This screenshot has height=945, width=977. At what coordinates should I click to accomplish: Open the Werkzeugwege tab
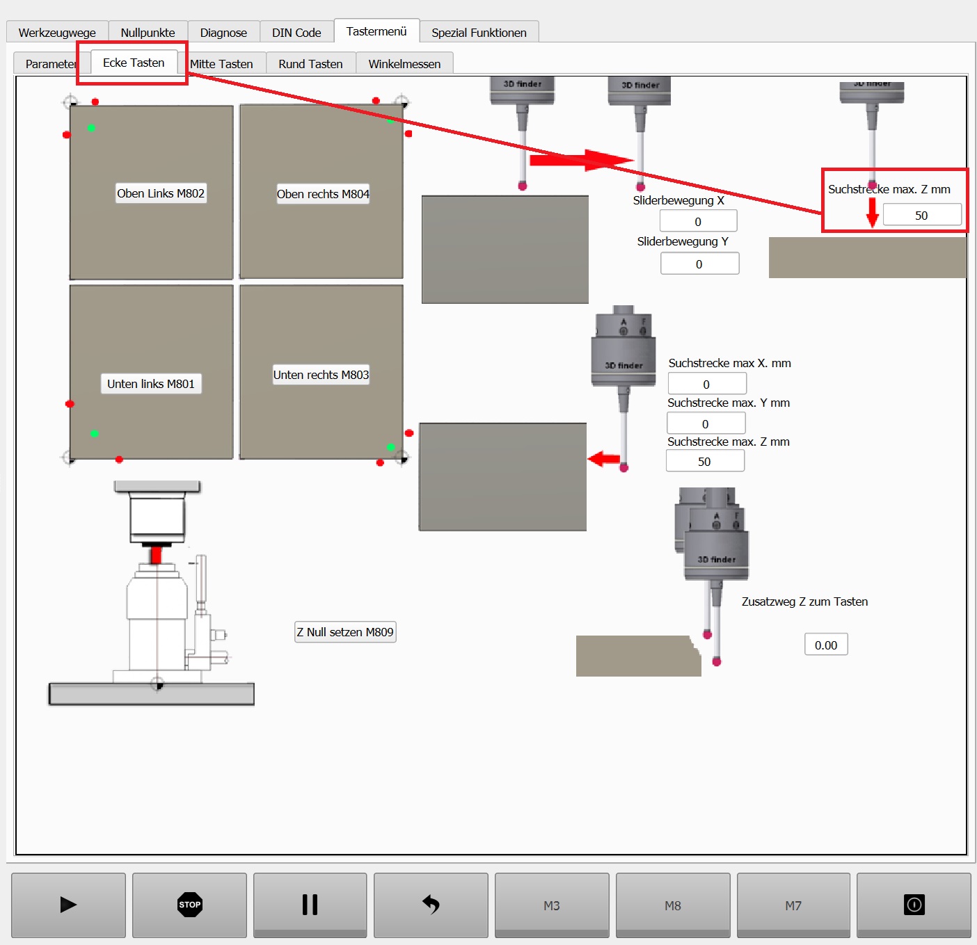[x=57, y=33]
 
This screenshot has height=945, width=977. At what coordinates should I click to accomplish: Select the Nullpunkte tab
[x=148, y=33]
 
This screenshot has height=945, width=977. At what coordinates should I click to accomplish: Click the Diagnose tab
[x=223, y=33]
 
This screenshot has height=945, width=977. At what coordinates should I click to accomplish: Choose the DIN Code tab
[x=296, y=33]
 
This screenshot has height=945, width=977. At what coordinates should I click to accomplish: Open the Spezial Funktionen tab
[x=479, y=33]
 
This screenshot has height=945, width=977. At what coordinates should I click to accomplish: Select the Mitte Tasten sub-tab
[x=221, y=64]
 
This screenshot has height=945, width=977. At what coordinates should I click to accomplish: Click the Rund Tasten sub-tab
[x=311, y=64]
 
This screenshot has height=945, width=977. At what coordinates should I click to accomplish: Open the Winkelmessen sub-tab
[x=405, y=64]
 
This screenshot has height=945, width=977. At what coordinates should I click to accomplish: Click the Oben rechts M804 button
[x=323, y=194]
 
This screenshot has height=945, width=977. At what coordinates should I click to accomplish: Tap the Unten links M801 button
[x=151, y=384]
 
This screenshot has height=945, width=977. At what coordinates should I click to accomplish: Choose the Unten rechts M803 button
[x=321, y=375]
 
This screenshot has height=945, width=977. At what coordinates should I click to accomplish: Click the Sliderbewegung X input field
[x=699, y=221]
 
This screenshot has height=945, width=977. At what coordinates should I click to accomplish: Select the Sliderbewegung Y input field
[x=699, y=264]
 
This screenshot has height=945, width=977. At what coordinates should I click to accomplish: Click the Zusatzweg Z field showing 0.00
[x=826, y=645]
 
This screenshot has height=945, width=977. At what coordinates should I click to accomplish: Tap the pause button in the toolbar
[x=310, y=905]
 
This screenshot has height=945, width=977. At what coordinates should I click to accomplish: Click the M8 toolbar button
[x=673, y=905]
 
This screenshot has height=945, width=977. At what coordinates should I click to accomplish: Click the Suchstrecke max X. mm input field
[x=707, y=385]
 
